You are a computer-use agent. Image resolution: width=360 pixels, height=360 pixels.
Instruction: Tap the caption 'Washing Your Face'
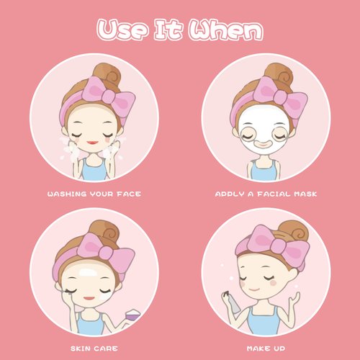tap(94, 194)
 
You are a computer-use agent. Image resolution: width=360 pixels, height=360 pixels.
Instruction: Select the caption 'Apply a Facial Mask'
tap(266, 194)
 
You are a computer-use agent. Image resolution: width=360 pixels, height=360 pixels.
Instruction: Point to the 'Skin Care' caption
tap(94, 346)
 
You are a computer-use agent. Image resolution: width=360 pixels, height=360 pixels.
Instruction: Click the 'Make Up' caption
tap(266, 346)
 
